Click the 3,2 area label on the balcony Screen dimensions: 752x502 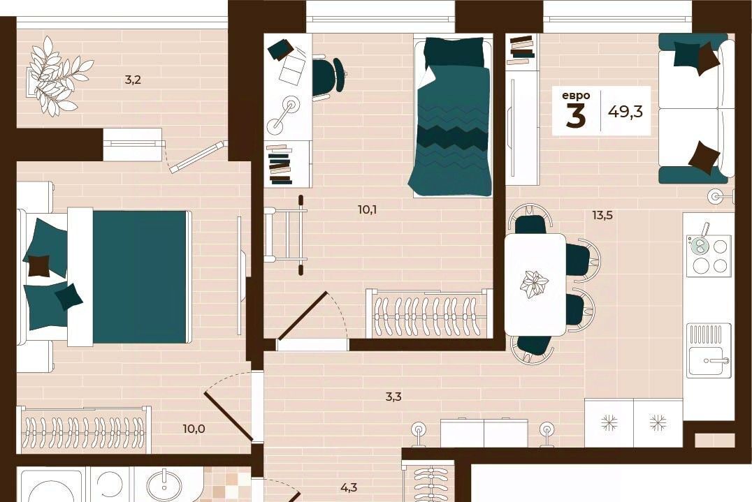133,80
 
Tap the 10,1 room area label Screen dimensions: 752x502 367,209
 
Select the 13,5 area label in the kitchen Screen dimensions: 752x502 602,215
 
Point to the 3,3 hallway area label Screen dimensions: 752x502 393,396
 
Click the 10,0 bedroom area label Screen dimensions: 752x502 194,428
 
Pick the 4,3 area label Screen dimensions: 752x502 349,488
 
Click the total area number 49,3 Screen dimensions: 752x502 626,112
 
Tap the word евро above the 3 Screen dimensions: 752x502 576,96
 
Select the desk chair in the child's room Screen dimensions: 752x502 329,75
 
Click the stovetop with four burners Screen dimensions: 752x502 709,256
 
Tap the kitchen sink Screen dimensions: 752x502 709,350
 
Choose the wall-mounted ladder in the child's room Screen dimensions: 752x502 285,235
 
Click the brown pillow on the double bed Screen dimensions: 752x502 39,266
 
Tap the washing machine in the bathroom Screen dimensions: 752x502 52,486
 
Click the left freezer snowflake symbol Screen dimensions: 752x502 609,422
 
